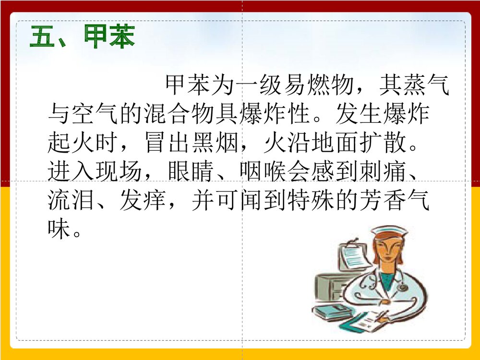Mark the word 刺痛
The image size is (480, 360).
click(x=379, y=171)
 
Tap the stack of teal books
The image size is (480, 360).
click(x=331, y=312)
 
